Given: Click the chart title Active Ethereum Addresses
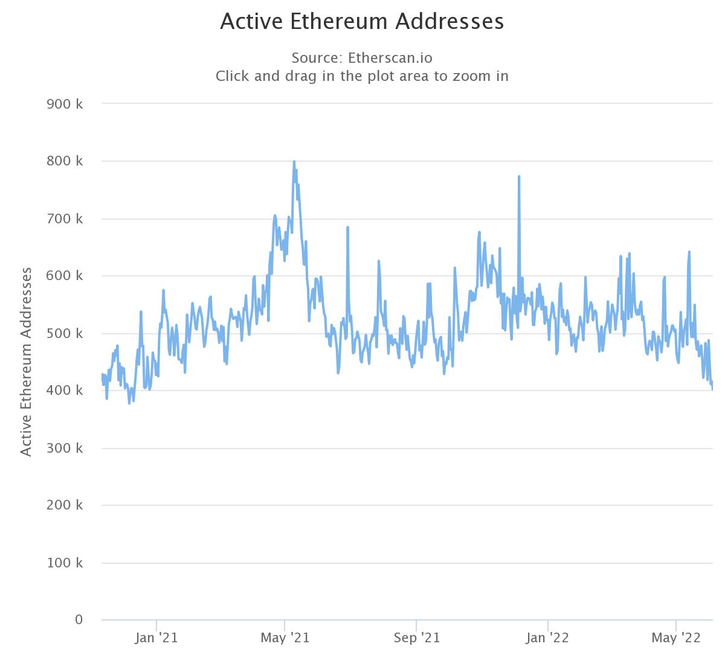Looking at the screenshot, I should tap(362, 21).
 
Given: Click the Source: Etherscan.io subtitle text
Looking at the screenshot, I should tap(362, 58).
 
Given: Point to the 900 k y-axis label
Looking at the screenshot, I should tap(65, 104).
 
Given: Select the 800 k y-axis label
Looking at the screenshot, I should tap(65, 161).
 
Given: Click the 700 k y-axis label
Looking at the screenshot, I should tap(65, 219).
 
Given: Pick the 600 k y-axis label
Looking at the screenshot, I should tap(65, 276).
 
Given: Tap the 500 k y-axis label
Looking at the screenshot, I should tap(65, 333).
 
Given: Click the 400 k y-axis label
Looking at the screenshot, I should tap(65, 391).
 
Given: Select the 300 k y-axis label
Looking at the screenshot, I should tap(65, 448).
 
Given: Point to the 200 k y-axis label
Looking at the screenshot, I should tap(65, 505).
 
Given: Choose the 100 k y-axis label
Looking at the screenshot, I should tap(65, 563).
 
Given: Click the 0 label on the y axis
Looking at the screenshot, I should tap(79, 620).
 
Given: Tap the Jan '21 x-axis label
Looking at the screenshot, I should tap(156, 638).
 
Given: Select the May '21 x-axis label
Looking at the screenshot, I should tap(285, 638).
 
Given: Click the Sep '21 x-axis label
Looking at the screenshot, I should tap(416, 638).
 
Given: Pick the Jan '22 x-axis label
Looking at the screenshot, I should tap(548, 638).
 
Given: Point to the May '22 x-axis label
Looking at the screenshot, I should tap(676, 638).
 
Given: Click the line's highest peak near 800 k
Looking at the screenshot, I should tap(294, 162).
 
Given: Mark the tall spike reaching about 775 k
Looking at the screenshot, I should tap(519, 177).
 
